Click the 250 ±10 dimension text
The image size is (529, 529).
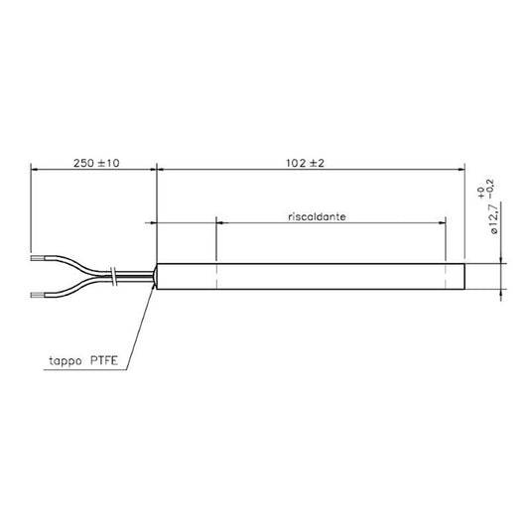click(96, 164)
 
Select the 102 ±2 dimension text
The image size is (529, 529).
click(305, 164)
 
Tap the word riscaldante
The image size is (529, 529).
click(318, 216)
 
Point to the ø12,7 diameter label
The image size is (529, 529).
click(492, 219)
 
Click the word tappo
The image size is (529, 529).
click(66, 361)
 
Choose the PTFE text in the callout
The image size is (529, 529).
click(104, 360)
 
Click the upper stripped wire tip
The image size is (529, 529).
click(37, 258)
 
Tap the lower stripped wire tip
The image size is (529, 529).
click(37, 295)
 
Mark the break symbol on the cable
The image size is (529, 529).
click(114, 277)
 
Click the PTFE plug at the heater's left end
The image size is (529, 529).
click(155, 277)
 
